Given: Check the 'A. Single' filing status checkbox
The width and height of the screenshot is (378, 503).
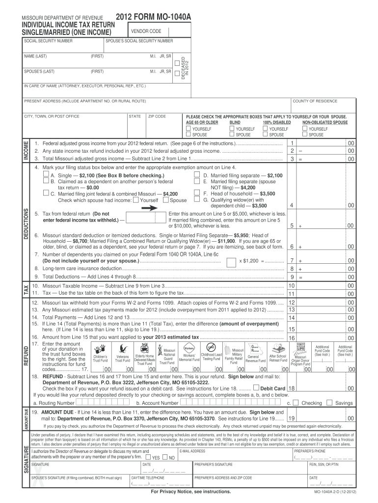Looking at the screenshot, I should tap(46, 174).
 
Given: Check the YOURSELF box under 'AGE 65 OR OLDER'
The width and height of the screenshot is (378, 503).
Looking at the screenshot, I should tap(188, 129).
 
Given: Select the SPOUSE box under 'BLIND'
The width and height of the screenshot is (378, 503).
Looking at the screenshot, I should tap(232, 135).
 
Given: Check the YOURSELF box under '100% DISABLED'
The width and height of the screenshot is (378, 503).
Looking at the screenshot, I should tap(265, 129).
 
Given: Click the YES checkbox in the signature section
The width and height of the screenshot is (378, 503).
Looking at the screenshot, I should tap(148, 457).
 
